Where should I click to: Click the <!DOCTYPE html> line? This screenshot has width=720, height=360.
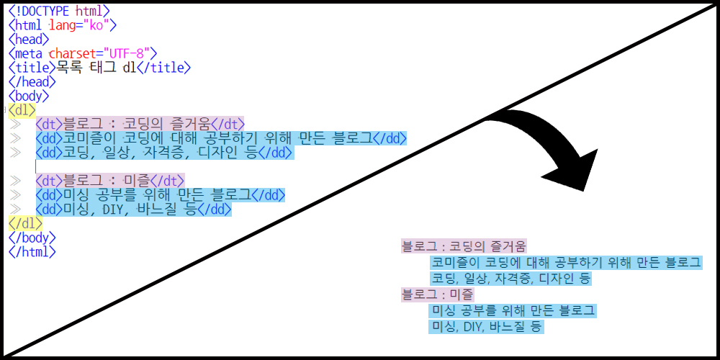click(60, 11)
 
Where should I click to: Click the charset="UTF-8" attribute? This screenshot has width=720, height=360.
click(102, 53)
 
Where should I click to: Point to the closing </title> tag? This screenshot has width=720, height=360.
click(163, 68)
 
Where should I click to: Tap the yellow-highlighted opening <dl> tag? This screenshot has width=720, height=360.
click(22, 109)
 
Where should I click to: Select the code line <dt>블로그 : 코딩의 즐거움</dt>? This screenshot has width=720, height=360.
click(140, 124)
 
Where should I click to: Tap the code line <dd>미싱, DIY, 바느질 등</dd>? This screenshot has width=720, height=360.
click(133, 210)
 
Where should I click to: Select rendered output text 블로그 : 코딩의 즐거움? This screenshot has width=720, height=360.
click(464, 246)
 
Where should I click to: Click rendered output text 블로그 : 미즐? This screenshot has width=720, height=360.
click(437, 294)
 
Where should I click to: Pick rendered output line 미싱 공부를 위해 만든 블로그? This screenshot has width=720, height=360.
click(513, 311)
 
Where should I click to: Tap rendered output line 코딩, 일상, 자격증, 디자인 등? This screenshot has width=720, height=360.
click(510, 278)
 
